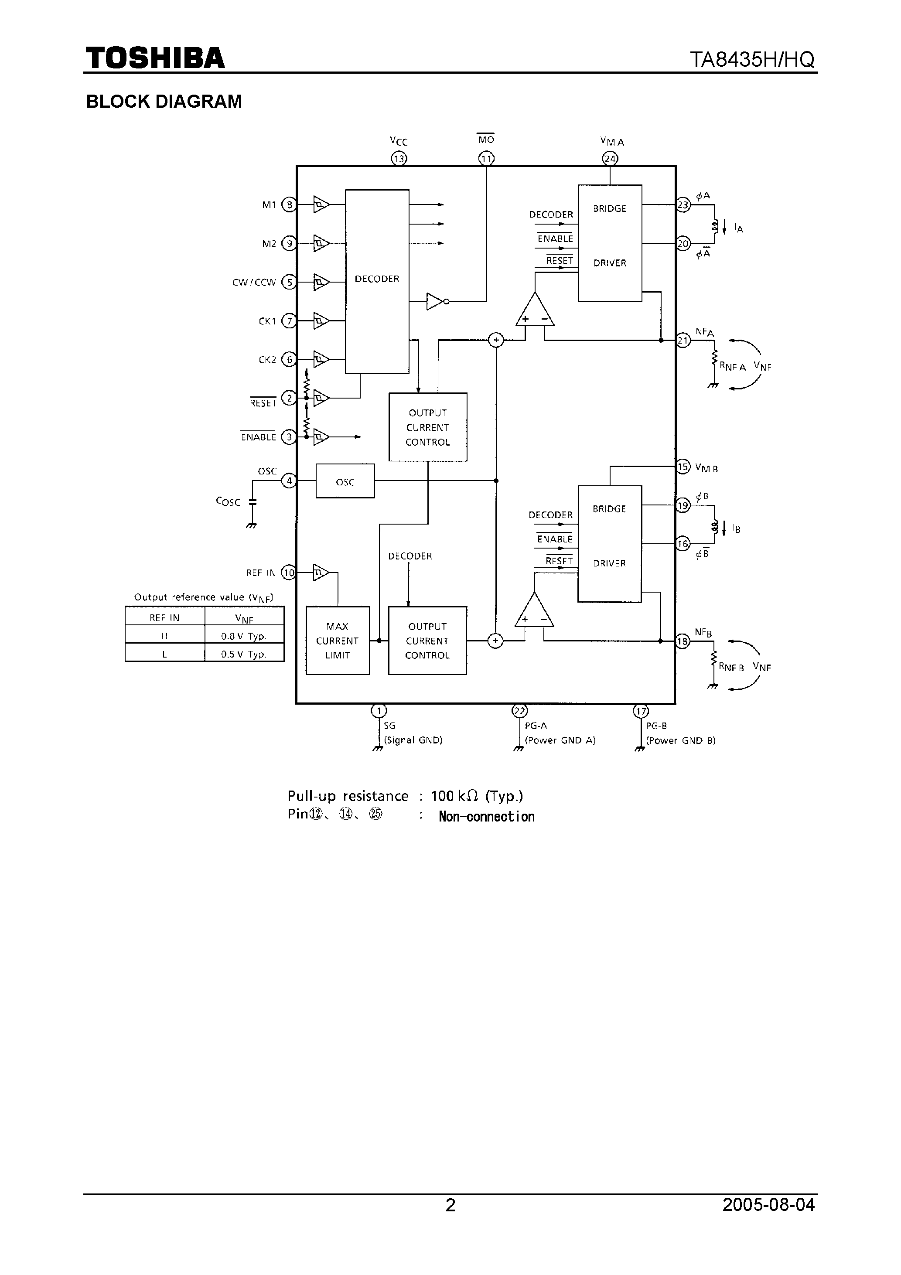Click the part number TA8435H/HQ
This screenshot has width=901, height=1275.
click(x=752, y=59)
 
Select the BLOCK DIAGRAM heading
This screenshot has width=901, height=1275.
click(x=164, y=102)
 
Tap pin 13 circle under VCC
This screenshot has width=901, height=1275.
click(x=399, y=159)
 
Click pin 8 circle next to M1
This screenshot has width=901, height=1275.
click(x=289, y=205)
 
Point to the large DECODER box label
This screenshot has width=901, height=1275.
click(x=377, y=279)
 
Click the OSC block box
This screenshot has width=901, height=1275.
click(x=345, y=481)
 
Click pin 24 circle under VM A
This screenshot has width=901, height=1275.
click(x=610, y=159)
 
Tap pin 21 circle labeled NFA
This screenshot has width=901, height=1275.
click(x=683, y=341)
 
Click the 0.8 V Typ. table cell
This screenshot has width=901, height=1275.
click(x=244, y=636)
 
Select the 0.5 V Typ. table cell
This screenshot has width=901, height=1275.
click(x=244, y=654)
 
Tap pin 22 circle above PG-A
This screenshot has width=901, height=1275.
click(x=519, y=711)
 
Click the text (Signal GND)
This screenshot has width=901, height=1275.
click(x=413, y=740)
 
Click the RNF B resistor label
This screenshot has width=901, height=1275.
click(x=731, y=668)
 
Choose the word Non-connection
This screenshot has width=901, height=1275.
click(x=486, y=816)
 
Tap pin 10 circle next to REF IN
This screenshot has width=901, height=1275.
click(x=289, y=573)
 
